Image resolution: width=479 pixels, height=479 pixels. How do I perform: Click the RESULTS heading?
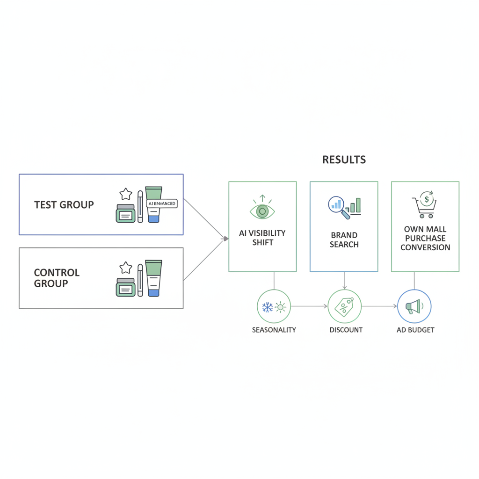[344, 160]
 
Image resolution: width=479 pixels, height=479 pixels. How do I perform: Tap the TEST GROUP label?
[64, 205]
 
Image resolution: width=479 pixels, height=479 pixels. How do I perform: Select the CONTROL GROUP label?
[57, 278]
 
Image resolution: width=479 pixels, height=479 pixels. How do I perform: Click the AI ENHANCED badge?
[162, 203]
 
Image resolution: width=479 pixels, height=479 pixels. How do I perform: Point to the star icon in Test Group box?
[125, 194]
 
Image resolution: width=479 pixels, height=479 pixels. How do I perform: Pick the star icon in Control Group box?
[125, 268]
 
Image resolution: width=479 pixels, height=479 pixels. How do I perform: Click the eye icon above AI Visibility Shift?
[262, 211]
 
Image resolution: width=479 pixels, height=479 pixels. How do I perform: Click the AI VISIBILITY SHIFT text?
[262, 238]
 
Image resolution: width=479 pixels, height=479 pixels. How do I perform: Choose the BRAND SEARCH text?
[344, 240]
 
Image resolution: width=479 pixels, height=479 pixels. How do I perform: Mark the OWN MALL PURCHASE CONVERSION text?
[425, 238]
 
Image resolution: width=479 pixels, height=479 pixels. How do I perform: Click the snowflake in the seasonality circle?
[267, 307]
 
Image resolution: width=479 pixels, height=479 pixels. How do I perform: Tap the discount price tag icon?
[344, 307]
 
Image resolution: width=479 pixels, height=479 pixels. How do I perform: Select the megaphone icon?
[414, 306]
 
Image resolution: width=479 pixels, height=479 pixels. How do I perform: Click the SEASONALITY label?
[274, 330]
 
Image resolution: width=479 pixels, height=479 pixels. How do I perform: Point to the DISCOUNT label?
[346, 330]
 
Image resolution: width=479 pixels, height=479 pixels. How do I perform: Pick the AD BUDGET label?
[415, 330]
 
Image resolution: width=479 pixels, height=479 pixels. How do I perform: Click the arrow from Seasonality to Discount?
[309, 306]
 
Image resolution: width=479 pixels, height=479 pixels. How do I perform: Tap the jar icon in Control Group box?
[125, 287]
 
